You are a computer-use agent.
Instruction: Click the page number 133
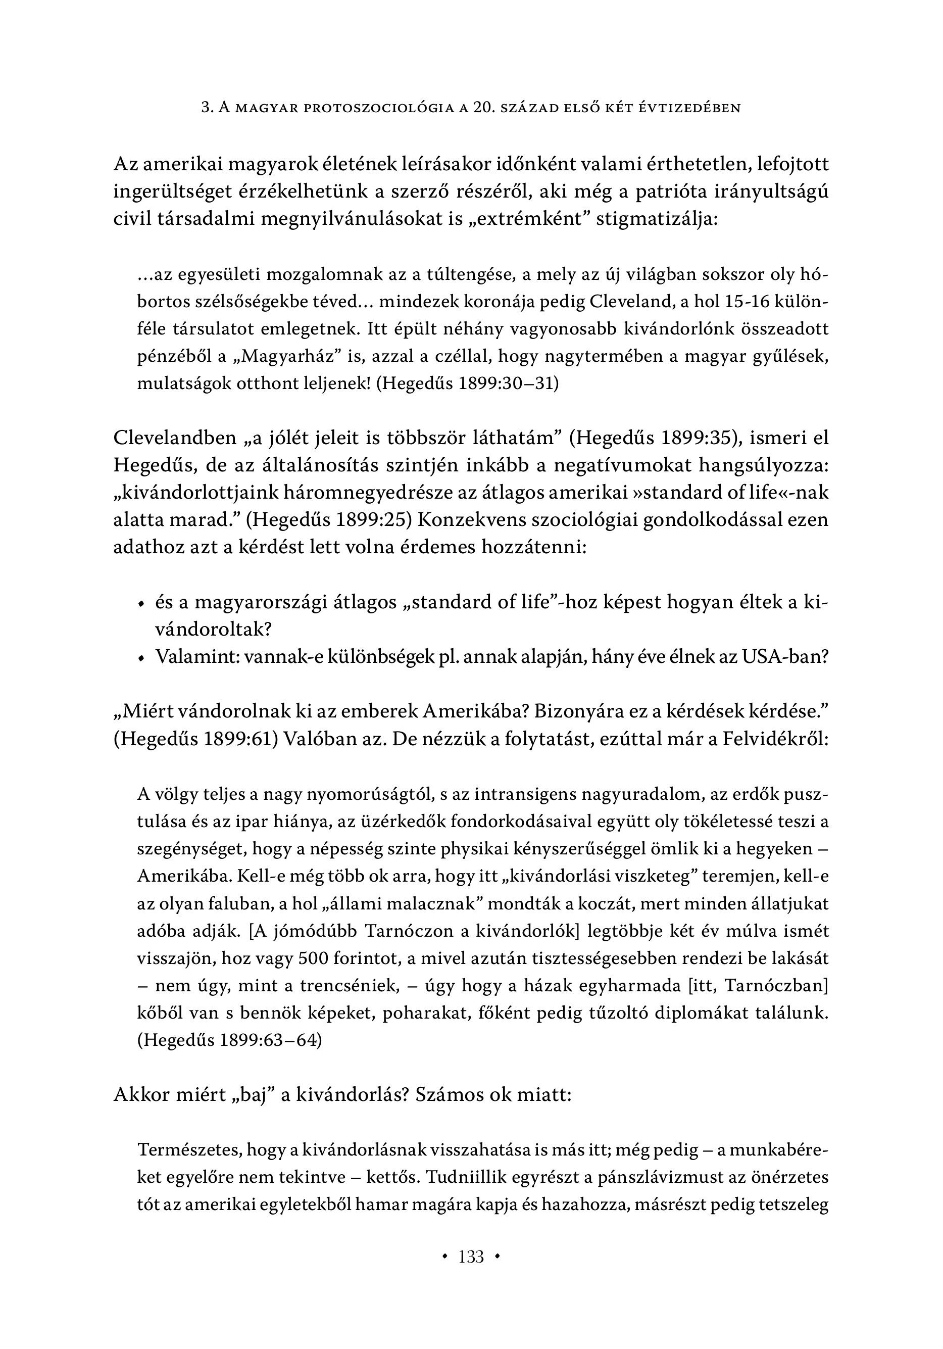tap(471, 1257)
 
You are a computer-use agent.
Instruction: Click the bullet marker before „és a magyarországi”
tap(140, 604)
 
